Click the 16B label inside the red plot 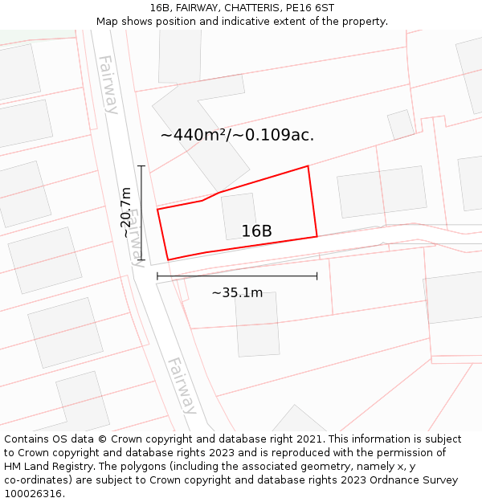pyautogui.click(x=256, y=231)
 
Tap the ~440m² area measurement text pyautogui.click(x=237, y=135)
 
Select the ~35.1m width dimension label pyautogui.click(x=237, y=293)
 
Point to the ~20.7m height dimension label pyautogui.click(x=126, y=212)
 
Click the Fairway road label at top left pyautogui.click(x=108, y=84)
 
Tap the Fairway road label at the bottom pyautogui.click(x=182, y=386)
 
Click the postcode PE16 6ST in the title pyautogui.click(x=309, y=8)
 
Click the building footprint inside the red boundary pyautogui.click(x=239, y=214)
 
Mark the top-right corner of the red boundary pyautogui.click(x=308, y=166)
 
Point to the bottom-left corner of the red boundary pyautogui.click(x=168, y=259)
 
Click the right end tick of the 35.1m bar pyautogui.click(x=317, y=276)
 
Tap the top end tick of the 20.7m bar pyautogui.click(x=141, y=166)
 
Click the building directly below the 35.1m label pyautogui.click(x=257, y=324)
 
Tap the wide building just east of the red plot pyautogui.click(x=382, y=191)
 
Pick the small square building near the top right pyautogui.click(x=400, y=124)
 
